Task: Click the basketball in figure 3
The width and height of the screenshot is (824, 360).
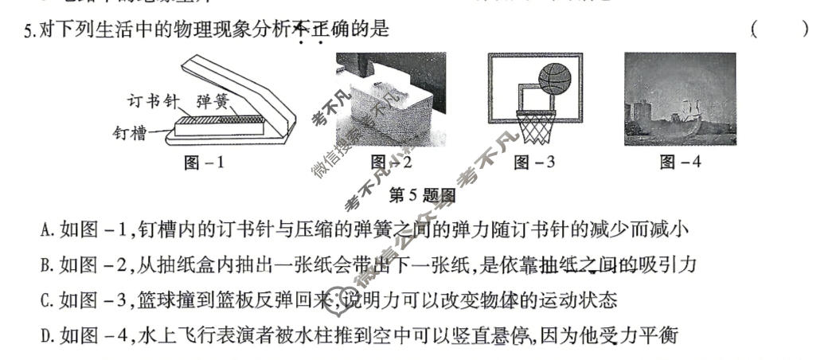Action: (x=555, y=78)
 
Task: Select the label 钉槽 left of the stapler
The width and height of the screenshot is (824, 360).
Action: (x=129, y=133)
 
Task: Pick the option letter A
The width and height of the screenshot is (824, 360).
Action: (x=46, y=231)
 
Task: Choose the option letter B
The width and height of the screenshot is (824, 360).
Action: (x=46, y=265)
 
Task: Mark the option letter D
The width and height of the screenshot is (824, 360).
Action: (x=46, y=336)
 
